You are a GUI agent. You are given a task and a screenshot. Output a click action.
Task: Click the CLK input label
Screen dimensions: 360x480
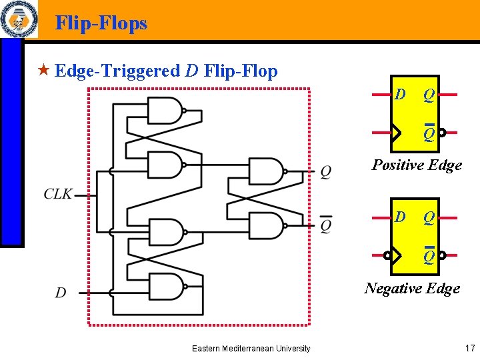(x=58, y=195)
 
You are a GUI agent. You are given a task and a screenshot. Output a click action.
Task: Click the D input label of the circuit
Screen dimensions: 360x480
(x=61, y=292)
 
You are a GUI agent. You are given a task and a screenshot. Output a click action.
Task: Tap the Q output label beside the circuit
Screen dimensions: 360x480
(x=325, y=172)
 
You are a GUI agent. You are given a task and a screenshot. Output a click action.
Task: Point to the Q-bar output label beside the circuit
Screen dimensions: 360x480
(x=325, y=225)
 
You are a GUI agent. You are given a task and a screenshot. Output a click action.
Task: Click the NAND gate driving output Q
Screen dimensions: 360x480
(x=265, y=171)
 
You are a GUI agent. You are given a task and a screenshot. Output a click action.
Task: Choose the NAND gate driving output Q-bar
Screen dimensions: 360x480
(x=265, y=226)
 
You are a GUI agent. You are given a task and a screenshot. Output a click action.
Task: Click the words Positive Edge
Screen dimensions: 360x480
(x=417, y=165)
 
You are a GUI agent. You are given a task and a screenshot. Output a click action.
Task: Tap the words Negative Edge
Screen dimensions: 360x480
(x=412, y=288)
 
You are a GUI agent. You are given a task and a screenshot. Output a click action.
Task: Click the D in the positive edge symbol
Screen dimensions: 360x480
(x=400, y=95)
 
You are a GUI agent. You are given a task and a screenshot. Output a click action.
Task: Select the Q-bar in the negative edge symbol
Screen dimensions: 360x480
(x=429, y=255)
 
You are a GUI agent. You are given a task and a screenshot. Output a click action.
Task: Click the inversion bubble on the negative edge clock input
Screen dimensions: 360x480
(x=387, y=255)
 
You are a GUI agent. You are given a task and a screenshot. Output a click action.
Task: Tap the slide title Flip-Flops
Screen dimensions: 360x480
(x=101, y=23)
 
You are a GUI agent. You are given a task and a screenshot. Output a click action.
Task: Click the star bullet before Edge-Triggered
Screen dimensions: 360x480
(x=44, y=70)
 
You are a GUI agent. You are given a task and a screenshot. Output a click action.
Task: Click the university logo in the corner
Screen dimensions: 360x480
(x=18, y=20)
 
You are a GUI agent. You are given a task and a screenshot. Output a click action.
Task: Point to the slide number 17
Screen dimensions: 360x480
(x=469, y=347)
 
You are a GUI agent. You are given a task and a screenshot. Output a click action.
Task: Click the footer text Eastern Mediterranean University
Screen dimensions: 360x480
(x=251, y=348)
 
